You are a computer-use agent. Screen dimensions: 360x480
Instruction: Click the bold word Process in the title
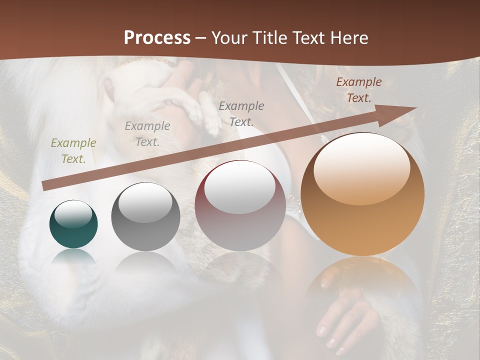pyautogui.click(x=157, y=37)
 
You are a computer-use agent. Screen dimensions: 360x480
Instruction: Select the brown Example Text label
pyautogui.click(x=359, y=90)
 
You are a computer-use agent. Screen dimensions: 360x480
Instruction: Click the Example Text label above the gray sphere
pyautogui.click(x=147, y=133)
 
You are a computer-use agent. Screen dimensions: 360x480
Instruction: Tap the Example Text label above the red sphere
pyautogui.click(x=241, y=113)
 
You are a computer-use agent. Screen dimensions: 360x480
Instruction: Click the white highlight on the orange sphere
pyautogui.click(x=362, y=170)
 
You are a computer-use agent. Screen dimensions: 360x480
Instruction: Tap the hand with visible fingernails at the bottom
pyautogui.click(x=345, y=320)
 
